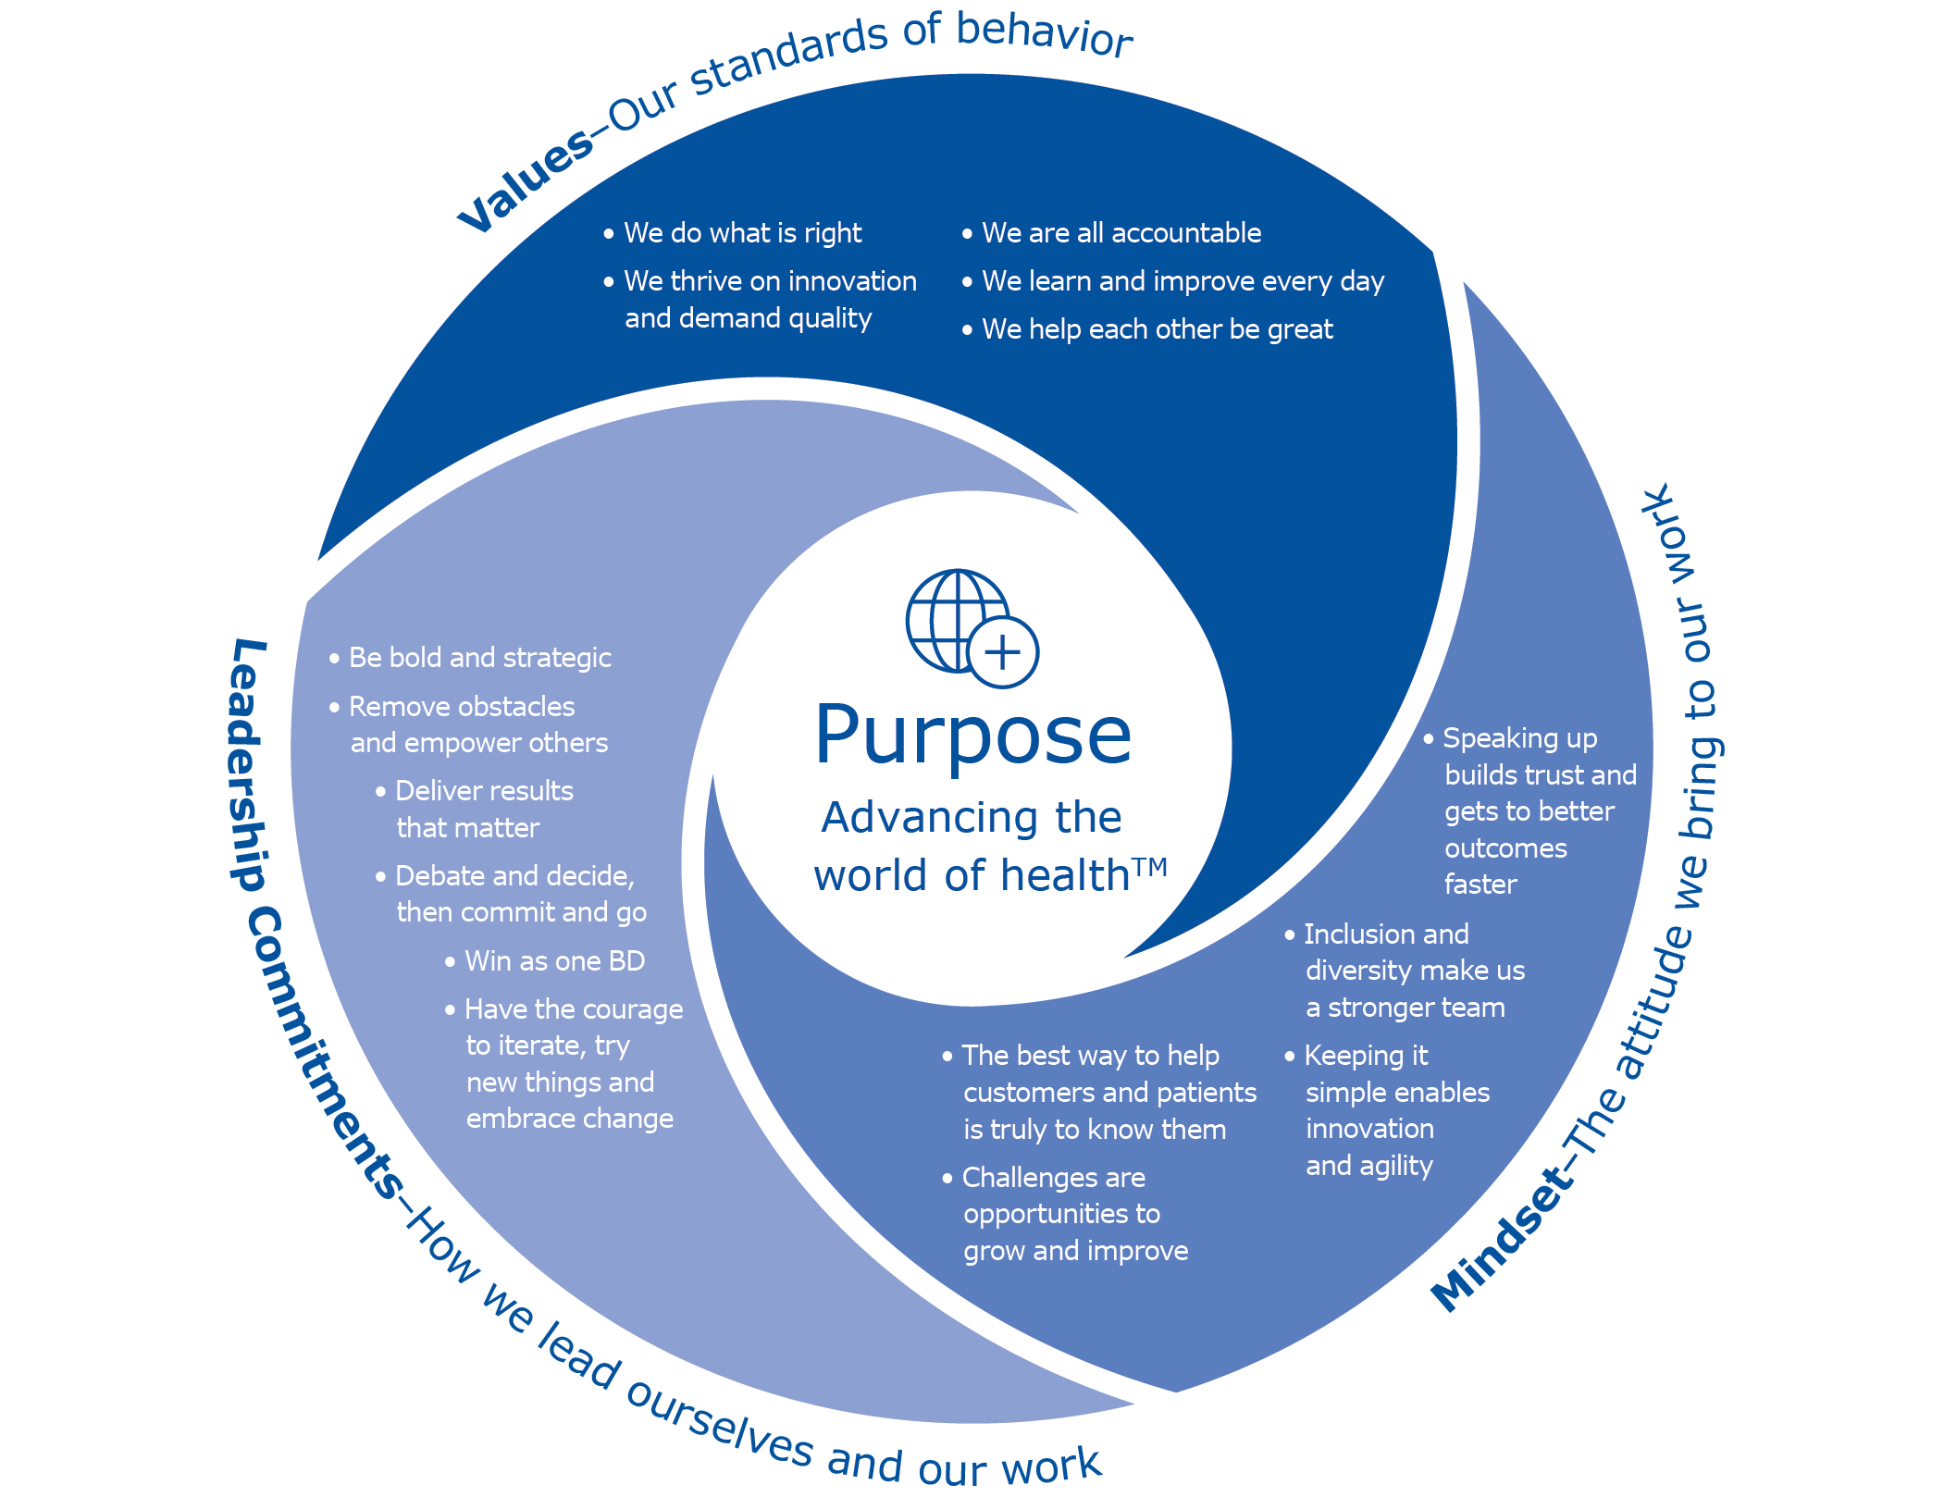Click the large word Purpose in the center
(972, 736)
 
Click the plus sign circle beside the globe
(1003, 652)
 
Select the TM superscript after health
(1150, 866)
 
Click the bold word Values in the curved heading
(526, 181)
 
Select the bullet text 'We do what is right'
(742, 232)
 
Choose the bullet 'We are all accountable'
(1121, 232)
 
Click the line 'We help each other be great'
(1157, 328)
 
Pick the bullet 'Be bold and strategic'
(479, 658)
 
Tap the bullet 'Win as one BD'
(554, 961)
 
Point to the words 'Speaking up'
(1519, 738)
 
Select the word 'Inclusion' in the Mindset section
(1350, 934)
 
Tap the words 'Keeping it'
(1365, 1056)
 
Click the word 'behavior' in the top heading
(1044, 34)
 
